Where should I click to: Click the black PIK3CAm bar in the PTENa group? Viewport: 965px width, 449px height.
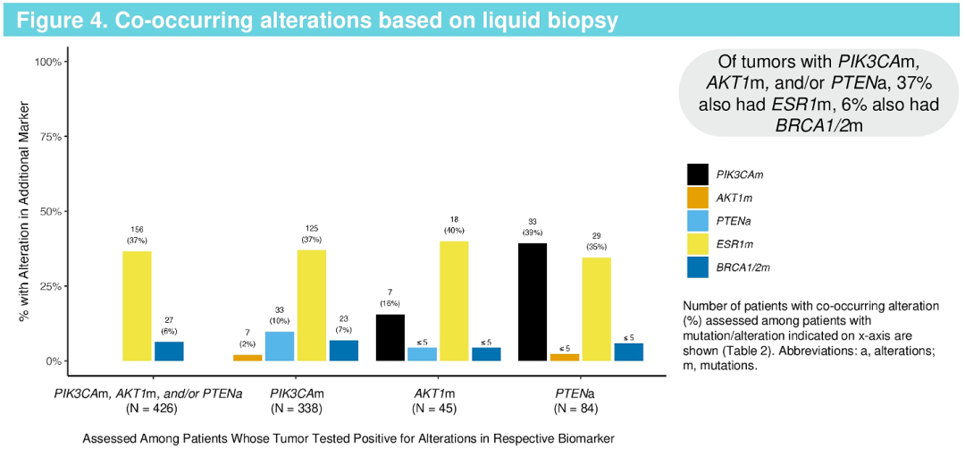click(533, 302)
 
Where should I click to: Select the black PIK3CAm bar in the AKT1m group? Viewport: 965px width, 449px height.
click(390, 338)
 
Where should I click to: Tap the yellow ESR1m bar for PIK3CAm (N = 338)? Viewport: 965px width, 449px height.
click(312, 305)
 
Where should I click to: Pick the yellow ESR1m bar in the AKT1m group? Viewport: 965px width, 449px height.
click(454, 301)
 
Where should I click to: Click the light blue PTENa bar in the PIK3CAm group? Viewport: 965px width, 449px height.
click(280, 346)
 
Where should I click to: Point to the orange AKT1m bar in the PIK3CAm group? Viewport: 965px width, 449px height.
click(248, 358)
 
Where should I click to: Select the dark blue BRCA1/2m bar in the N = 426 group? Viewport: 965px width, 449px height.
click(169, 352)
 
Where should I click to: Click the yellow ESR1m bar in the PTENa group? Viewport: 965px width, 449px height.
click(597, 309)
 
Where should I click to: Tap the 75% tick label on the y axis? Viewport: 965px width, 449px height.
click(47, 137)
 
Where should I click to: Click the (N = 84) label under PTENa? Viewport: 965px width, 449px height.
click(575, 409)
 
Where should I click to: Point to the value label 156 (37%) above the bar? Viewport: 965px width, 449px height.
click(137, 233)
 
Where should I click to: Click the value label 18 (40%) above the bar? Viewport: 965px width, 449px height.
click(454, 225)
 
